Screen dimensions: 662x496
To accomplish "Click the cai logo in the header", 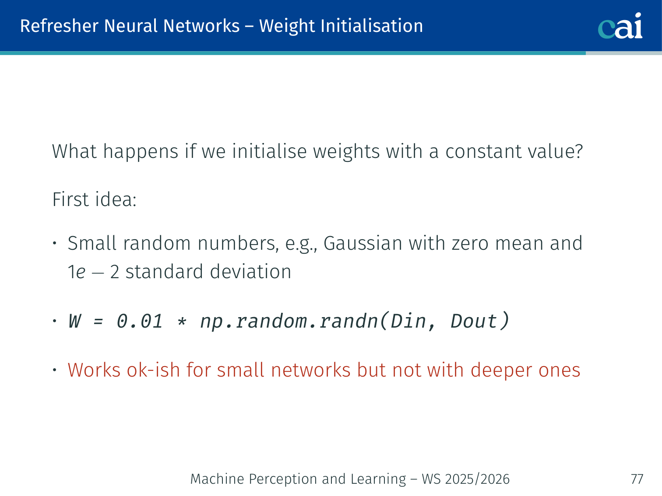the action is coord(620,26).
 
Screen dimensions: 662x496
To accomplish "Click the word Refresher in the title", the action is coord(59,26).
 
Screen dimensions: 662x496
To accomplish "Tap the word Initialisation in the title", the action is coord(372,26).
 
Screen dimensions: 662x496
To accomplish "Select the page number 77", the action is coord(637,479).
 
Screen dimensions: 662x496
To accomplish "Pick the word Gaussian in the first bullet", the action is coord(363,243).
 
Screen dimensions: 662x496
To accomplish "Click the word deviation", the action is coord(250,271).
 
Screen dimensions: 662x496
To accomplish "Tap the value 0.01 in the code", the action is coord(140,321).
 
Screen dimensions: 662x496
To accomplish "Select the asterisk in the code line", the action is coord(182,321).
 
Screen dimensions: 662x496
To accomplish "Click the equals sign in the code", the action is coord(98,321).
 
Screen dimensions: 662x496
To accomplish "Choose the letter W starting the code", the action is coord(75,321).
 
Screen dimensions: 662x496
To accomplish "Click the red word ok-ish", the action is coord(153,370).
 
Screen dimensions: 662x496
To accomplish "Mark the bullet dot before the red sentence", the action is coord(55,370).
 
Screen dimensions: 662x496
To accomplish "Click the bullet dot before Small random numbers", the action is coord(55,243).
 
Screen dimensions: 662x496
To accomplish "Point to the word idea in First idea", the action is coord(116,199).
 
